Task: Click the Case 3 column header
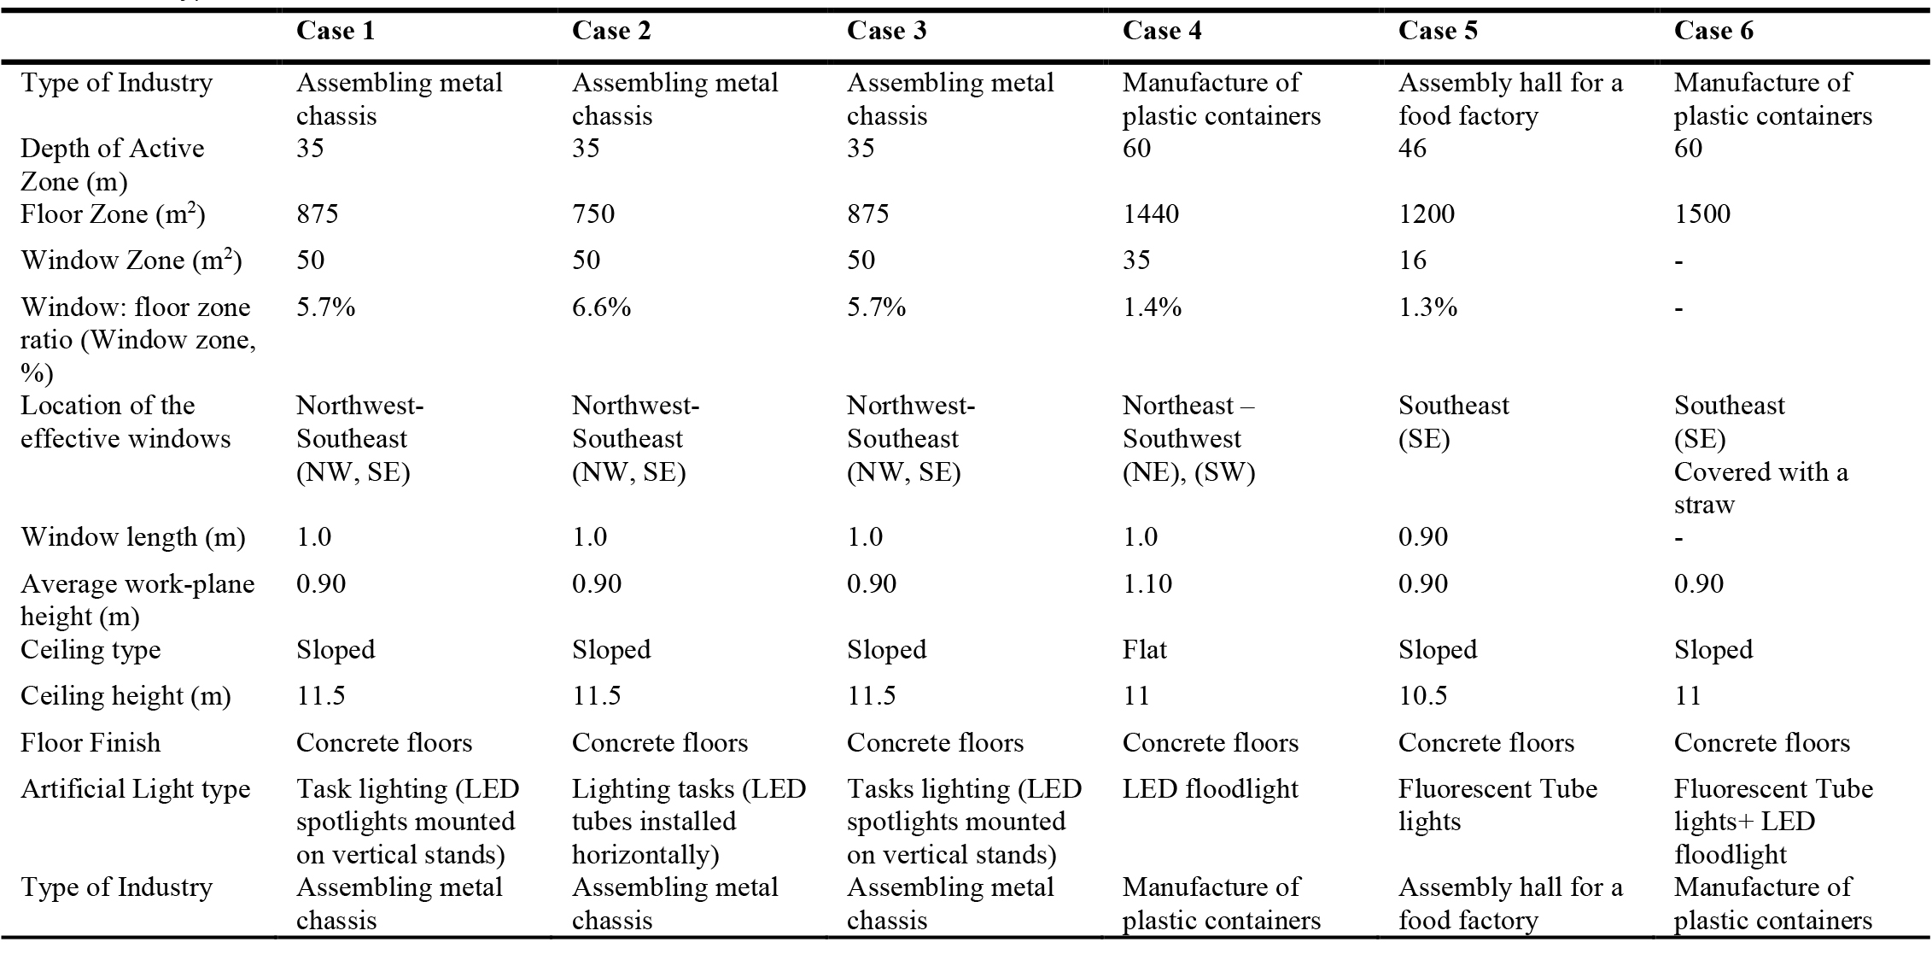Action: click(x=886, y=31)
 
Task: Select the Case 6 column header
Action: click(x=1713, y=31)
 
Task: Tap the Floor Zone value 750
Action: click(x=592, y=213)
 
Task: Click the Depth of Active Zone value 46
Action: click(x=1412, y=148)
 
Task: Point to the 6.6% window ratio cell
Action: click(x=601, y=307)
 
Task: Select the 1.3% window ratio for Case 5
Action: click(x=1427, y=307)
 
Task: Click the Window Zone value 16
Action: click(x=1412, y=260)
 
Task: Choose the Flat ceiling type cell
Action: click(x=1144, y=650)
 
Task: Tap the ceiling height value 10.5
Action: click(x=1422, y=696)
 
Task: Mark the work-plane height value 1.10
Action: click(x=1147, y=584)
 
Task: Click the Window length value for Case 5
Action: click(x=1422, y=537)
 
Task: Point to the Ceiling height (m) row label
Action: click(x=125, y=697)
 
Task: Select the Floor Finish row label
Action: click(x=90, y=743)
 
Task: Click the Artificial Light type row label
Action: click(x=135, y=790)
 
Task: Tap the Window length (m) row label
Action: click(x=132, y=538)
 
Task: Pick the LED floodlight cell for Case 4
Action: click(x=1210, y=790)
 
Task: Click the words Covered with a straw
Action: click(x=1760, y=488)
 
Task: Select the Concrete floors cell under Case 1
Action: click(x=383, y=743)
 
